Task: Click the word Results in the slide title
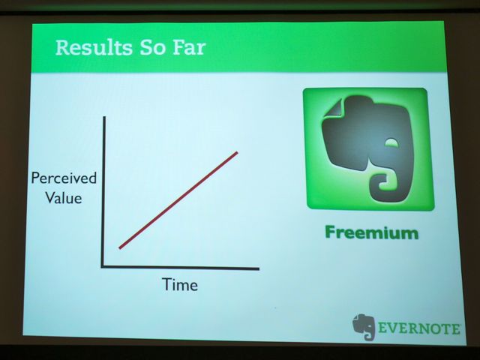coord(94,48)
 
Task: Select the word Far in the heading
coord(189,48)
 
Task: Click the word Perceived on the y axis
coord(64,178)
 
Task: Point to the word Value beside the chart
coord(64,198)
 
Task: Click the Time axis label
coord(180,285)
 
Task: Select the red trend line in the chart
coord(178,200)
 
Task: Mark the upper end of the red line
coord(237,152)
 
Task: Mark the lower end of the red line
coord(120,248)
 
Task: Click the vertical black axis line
coord(103,192)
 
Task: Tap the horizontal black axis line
coord(180,268)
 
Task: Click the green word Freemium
coord(372,232)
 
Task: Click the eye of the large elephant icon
coord(393,142)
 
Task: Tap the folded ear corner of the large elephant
coord(334,108)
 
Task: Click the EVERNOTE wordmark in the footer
coord(419,328)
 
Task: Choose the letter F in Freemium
coord(330,232)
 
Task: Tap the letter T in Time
coord(166,284)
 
